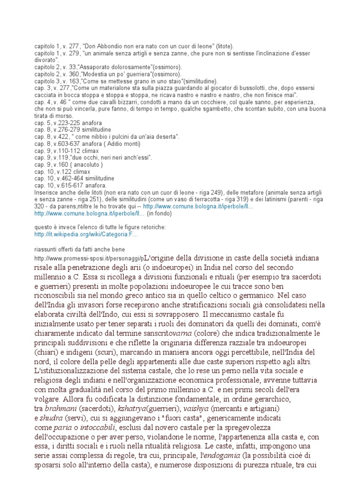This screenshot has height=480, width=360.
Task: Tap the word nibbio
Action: (x=99, y=136)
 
